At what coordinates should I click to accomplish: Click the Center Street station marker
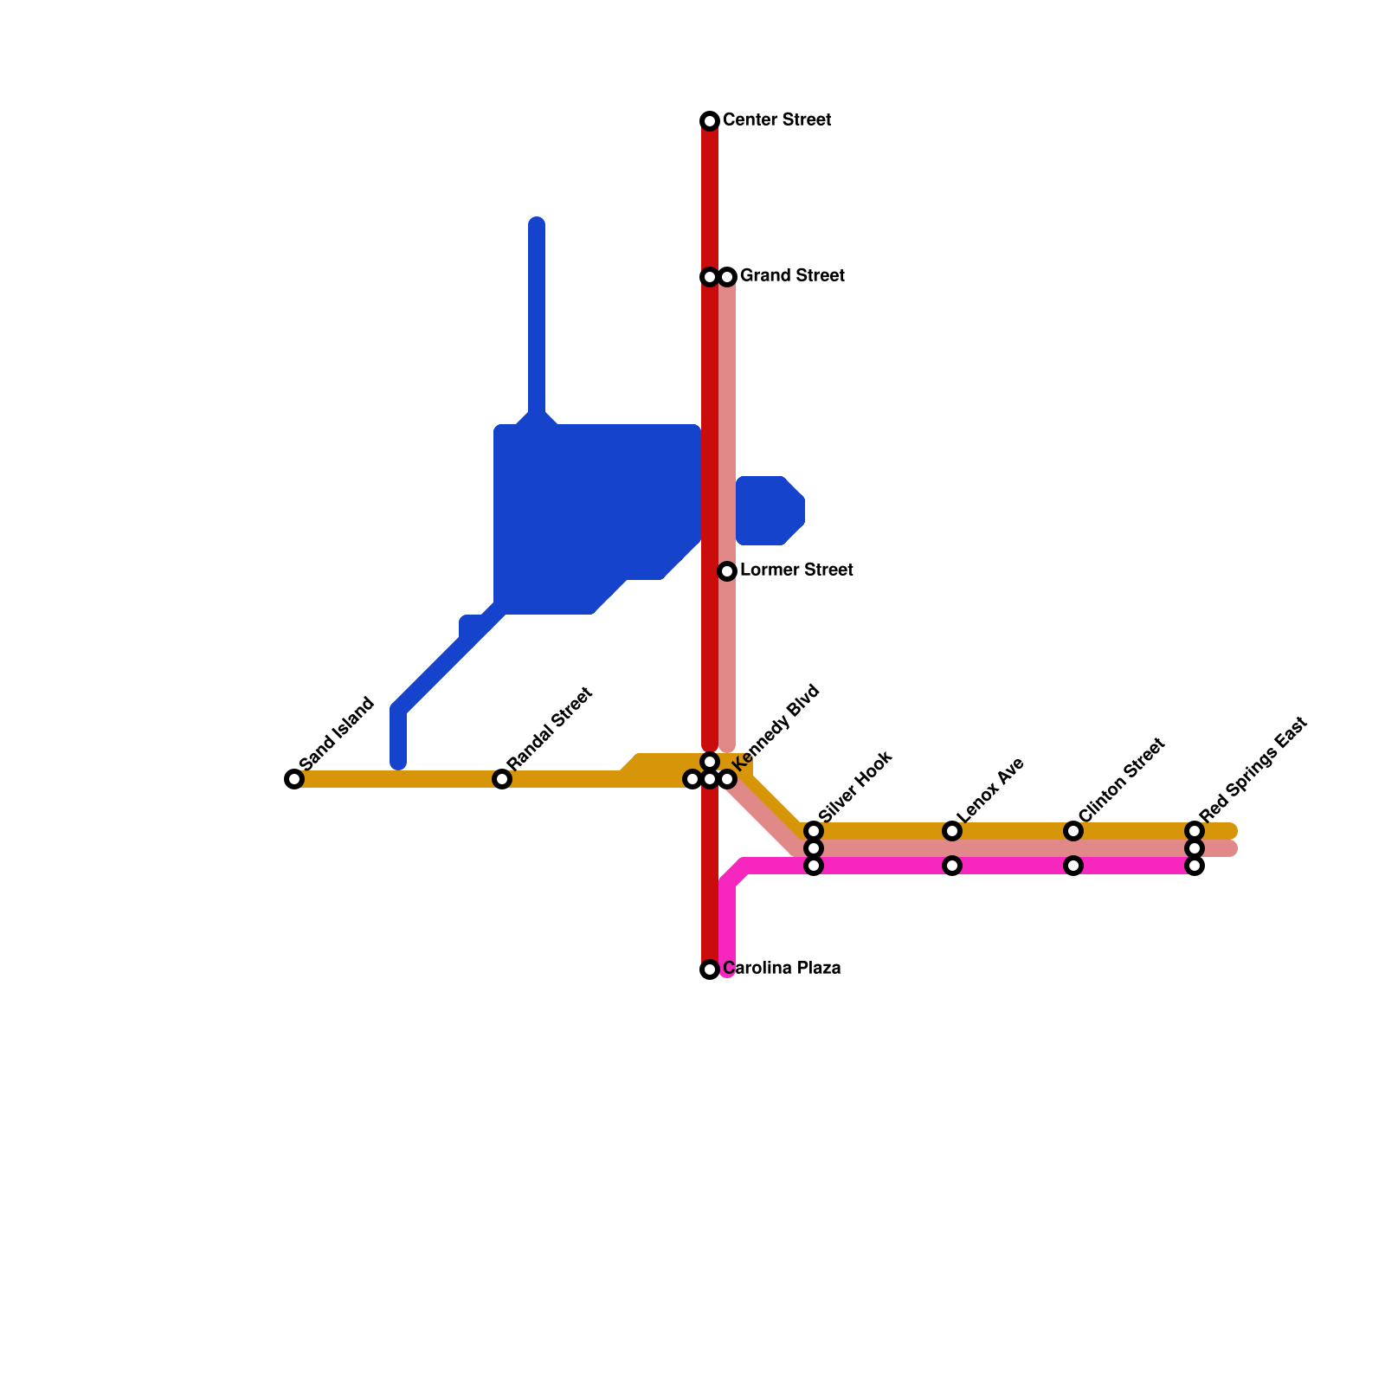tap(710, 120)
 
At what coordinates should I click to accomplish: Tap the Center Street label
tap(776, 119)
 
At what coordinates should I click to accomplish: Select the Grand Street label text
tap(792, 276)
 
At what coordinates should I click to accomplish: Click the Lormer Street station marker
tap(727, 571)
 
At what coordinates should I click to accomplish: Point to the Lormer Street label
tap(796, 570)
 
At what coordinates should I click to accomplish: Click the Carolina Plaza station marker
tap(710, 969)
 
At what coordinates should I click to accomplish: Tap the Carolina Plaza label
tap(782, 968)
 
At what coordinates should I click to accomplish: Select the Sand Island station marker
tap(294, 779)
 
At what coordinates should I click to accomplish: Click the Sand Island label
tap(338, 732)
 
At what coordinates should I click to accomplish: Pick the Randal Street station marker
tap(502, 779)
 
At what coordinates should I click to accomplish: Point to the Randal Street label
tap(551, 728)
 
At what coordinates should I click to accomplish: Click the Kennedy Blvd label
tap(776, 727)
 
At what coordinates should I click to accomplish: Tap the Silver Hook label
tap(855, 788)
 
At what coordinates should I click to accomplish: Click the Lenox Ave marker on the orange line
tap(952, 831)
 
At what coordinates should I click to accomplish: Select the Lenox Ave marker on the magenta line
tap(952, 866)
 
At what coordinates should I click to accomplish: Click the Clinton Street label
tap(1122, 780)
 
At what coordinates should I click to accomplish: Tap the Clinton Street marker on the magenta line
tap(1073, 866)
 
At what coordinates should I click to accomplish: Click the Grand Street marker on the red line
tap(710, 277)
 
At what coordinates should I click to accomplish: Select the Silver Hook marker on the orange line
tap(814, 831)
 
